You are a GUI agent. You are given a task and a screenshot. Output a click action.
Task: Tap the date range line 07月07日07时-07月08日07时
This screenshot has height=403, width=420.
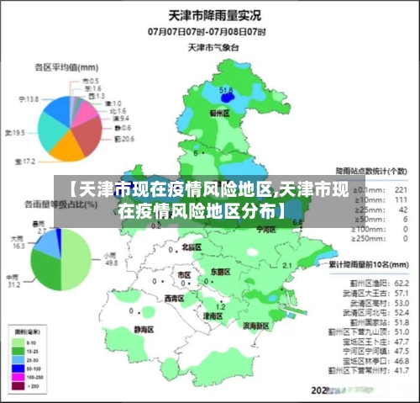click(207, 31)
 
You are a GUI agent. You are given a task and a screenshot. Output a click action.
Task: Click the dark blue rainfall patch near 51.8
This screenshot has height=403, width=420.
click(225, 98)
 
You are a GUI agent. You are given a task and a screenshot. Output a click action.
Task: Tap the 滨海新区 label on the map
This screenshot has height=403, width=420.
click(255, 325)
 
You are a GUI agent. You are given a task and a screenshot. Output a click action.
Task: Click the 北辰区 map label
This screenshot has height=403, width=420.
click(192, 248)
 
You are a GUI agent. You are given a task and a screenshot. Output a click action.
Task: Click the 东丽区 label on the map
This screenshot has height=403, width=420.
click(220, 272)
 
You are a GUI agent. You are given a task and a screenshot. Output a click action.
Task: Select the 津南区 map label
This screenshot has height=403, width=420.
click(213, 316)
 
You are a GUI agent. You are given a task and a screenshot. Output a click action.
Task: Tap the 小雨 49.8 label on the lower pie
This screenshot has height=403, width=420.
click(109, 257)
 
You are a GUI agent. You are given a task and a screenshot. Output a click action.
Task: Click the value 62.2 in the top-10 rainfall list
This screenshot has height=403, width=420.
click(401, 283)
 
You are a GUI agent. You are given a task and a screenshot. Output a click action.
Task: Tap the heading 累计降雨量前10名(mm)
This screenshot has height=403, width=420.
click(367, 265)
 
